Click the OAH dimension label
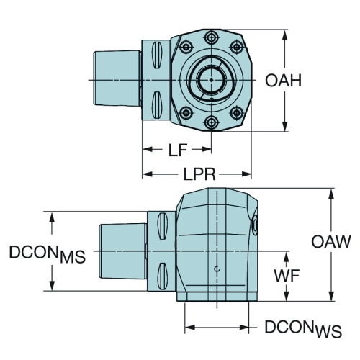[283, 81]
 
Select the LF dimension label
[178, 150]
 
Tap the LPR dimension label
[199, 174]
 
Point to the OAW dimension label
[331, 241]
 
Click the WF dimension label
[287, 276]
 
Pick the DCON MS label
[48, 254]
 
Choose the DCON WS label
[303, 328]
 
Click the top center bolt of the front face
[212, 37]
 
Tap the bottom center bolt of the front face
[212, 122]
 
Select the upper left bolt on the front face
[186, 47]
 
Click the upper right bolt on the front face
[237, 47]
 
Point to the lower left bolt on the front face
[186, 112]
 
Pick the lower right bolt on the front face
[237, 112]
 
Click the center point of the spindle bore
[211, 80]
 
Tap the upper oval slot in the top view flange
[156, 55]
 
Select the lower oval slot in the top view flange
[156, 105]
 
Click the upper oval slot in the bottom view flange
[162, 226]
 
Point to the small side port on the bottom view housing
[255, 226]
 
